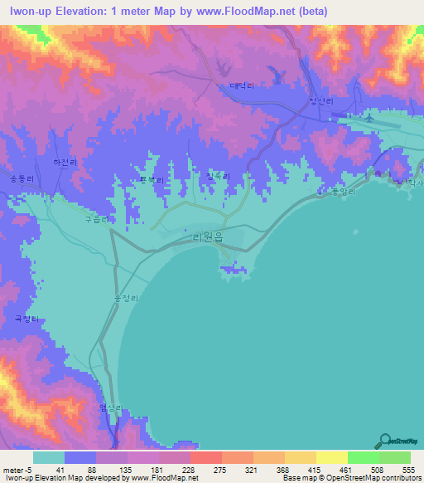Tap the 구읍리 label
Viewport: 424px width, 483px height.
(x=96, y=221)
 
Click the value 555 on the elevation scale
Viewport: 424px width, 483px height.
(x=407, y=470)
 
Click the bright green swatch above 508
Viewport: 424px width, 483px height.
(x=364, y=457)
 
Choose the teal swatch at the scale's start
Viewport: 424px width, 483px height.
(x=49, y=457)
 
